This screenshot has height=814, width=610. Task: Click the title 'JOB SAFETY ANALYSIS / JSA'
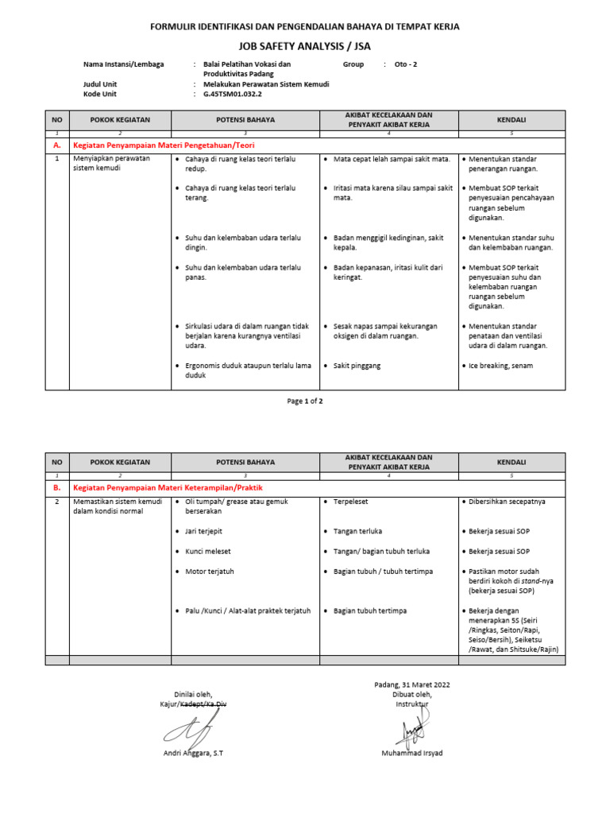(305, 46)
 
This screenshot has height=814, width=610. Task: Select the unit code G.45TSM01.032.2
(233, 94)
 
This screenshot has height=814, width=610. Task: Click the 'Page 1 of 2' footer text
(305, 401)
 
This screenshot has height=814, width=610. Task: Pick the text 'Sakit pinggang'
(357, 366)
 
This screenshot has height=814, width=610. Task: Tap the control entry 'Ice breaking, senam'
(500, 366)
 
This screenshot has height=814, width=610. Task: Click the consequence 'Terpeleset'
(350, 502)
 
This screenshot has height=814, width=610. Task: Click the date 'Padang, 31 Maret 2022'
(412, 684)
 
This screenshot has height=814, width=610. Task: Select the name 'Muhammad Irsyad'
(412, 753)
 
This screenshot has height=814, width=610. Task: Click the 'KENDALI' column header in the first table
(512, 119)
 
